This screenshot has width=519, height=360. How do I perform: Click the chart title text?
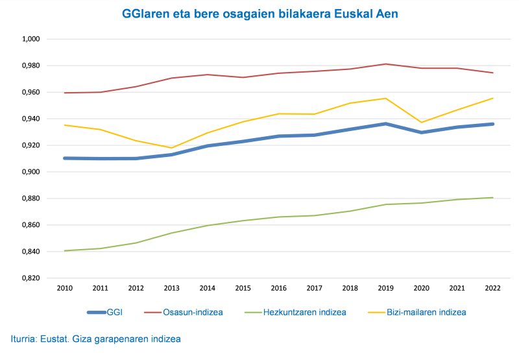259,13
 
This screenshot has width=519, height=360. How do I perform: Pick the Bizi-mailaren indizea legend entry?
421,312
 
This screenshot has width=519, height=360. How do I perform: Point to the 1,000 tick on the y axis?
31,39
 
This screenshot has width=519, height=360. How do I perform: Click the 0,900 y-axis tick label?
31,172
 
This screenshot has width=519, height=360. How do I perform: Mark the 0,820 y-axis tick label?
31,278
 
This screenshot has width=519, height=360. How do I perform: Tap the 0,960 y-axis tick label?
31,92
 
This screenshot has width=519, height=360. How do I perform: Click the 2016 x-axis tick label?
278,289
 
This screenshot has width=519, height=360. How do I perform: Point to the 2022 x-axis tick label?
492,289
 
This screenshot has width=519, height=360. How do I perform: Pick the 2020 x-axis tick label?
420,289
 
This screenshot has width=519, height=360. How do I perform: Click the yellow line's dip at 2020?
420,123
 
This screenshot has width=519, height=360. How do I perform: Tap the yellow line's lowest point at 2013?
172,148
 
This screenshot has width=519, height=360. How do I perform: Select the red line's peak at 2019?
385,64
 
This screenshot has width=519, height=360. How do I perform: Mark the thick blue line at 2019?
385,124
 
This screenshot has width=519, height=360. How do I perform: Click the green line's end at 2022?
492,198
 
